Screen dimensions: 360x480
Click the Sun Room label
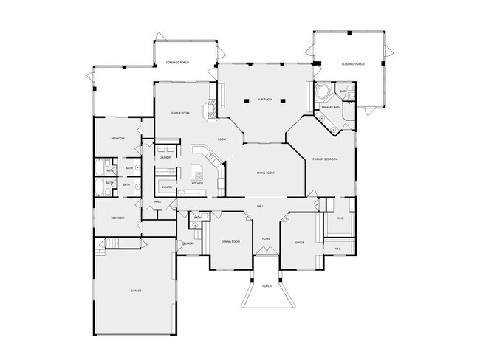coord(265,99)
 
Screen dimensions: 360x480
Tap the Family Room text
coord(181,113)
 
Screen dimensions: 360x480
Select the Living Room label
coord(266,173)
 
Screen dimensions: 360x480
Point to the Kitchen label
coord(197,184)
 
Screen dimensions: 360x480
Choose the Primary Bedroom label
coord(324,159)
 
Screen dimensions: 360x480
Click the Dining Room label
coord(231,241)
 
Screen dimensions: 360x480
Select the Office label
coord(300,242)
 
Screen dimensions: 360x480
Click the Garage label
coord(136,291)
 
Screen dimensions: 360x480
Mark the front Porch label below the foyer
coord(267,285)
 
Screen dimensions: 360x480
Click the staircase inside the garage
coord(110,245)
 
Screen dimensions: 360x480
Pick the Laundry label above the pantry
coord(165,157)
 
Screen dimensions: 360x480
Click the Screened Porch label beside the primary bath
coord(353,64)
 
